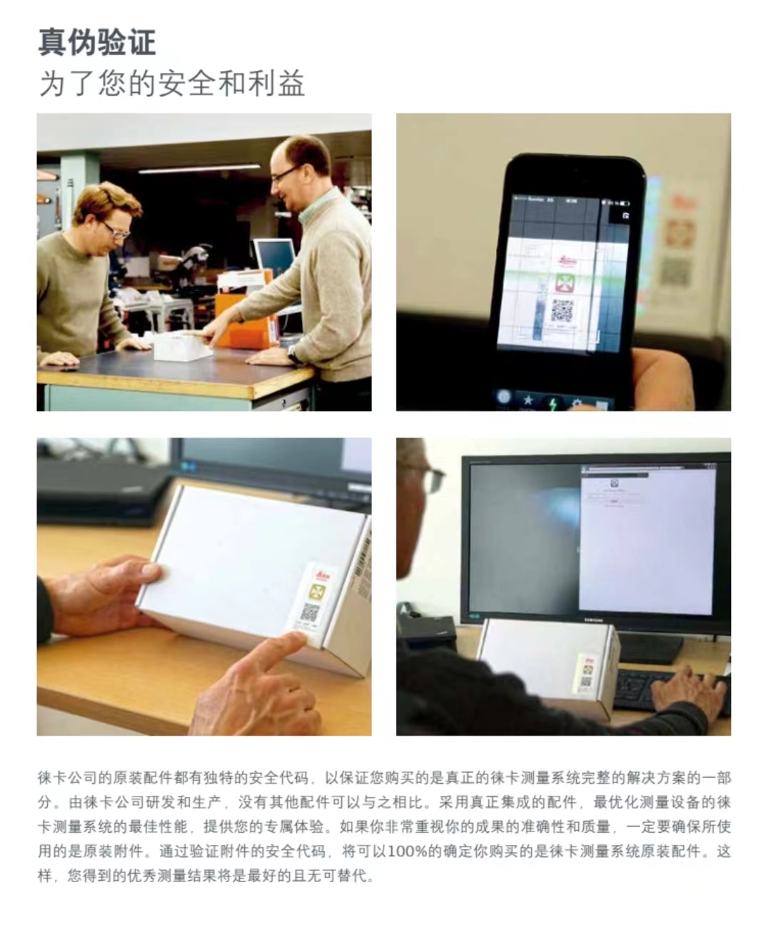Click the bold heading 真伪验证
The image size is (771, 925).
coord(97,41)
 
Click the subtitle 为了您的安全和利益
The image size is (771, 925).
coord(172,84)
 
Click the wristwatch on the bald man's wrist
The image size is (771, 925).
coord(293,355)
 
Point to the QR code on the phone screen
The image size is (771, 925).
coord(562,310)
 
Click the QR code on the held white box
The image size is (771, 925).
coord(310,612)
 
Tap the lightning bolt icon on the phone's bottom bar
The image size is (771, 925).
coord(553,402)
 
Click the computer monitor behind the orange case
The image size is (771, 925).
coord(274,255)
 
